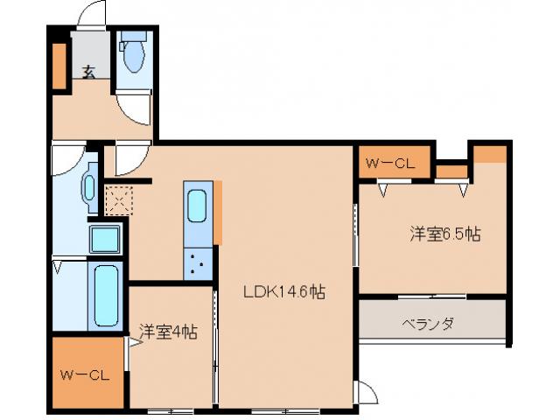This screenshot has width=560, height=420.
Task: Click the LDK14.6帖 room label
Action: click(x=284, y=293)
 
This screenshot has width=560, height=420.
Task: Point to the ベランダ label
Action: click(x=428, y=324)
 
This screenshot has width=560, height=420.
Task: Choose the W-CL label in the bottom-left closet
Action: click(x=84, y=375)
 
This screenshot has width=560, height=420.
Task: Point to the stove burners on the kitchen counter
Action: click(x=198, y=259)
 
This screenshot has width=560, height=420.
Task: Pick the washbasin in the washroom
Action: click(x=88, y=186)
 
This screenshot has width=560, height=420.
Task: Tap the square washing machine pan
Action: click(x=106, y=238)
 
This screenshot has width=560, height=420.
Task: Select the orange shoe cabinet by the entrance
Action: click(x=59, y=64)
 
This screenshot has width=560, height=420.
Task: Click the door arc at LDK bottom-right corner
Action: click(x=367, y=395)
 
